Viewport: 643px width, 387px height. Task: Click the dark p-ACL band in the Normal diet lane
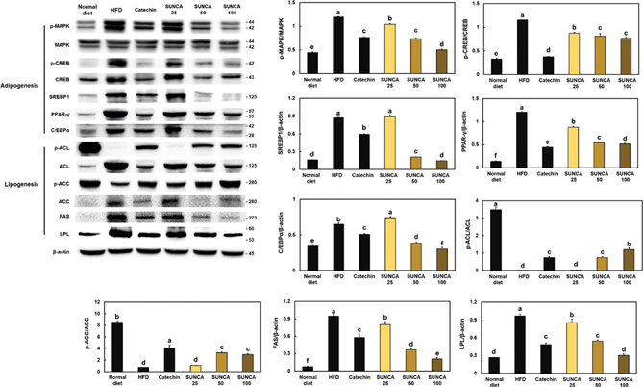(x=89, y=147)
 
